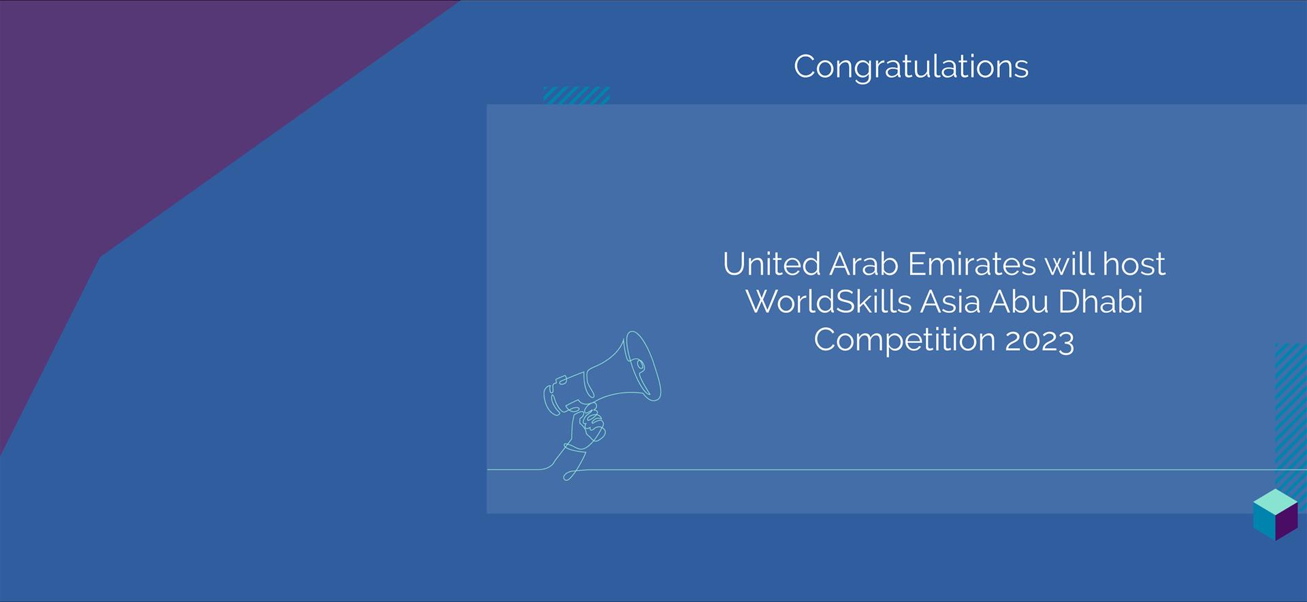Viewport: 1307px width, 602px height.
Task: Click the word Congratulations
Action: [911, 67]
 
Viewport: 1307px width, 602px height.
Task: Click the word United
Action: [771, 264]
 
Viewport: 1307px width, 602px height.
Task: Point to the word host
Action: [1134, 264]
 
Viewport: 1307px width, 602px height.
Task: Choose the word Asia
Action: [950, 301]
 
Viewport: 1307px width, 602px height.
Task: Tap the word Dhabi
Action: [1100, 301]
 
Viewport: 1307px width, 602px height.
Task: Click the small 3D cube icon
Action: [1275, 515]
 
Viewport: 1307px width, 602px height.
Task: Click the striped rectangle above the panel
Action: [576, 95]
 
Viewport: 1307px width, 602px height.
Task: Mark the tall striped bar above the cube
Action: [1291, 416]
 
